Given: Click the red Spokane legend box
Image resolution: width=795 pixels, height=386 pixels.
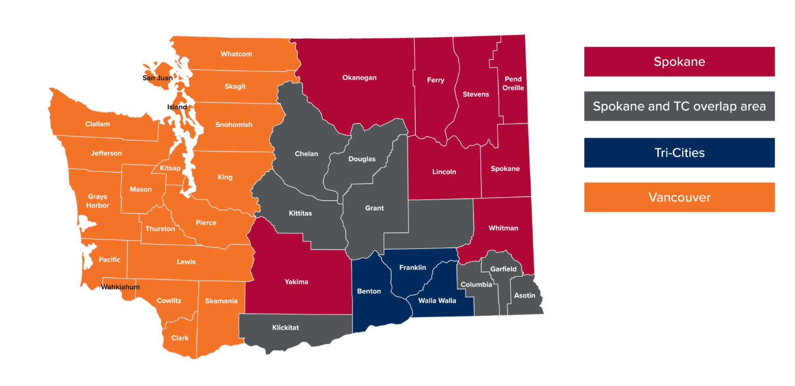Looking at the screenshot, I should click(x=679, y=62).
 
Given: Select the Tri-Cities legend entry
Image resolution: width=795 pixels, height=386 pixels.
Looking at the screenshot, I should click(x=679, y=153).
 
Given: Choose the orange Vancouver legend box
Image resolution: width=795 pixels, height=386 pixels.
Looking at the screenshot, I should click(x=679, y=197).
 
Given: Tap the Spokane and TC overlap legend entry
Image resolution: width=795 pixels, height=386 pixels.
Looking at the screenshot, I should click(x=679, y=107).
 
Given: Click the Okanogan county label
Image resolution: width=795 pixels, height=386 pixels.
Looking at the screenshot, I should click(x=359, y=78).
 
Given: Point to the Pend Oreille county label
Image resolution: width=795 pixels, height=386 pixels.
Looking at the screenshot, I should click(x=513, y=83).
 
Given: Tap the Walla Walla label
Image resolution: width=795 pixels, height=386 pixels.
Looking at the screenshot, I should click(x=437, y=301).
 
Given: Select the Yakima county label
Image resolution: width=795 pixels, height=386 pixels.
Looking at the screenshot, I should click(x=296, y=282).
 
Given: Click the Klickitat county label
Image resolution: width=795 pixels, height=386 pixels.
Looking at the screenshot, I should click(x=285, y=328).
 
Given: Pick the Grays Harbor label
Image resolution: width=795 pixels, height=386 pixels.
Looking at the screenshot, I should click(x=97, y=201).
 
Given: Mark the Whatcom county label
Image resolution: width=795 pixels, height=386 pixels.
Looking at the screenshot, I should click(x=236, y=54).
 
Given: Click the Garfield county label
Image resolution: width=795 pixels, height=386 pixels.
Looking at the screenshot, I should click(x=503, y=269).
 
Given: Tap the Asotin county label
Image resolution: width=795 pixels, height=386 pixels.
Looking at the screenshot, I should click(x=525, y=295).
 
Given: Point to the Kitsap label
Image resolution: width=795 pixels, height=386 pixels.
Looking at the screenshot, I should click(x=170, y=168).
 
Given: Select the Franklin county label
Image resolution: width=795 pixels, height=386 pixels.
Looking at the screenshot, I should click(x=413, y=268).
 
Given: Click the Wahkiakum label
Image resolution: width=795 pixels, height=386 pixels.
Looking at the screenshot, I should click(x=120, y=287).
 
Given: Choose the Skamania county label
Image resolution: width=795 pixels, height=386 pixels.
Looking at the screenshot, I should click(x=221, y=301).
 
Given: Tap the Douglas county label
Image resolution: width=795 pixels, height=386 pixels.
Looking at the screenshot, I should click(x=362, y=159).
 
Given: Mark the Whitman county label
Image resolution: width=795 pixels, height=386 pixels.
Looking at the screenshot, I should click(x=503, y=228).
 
